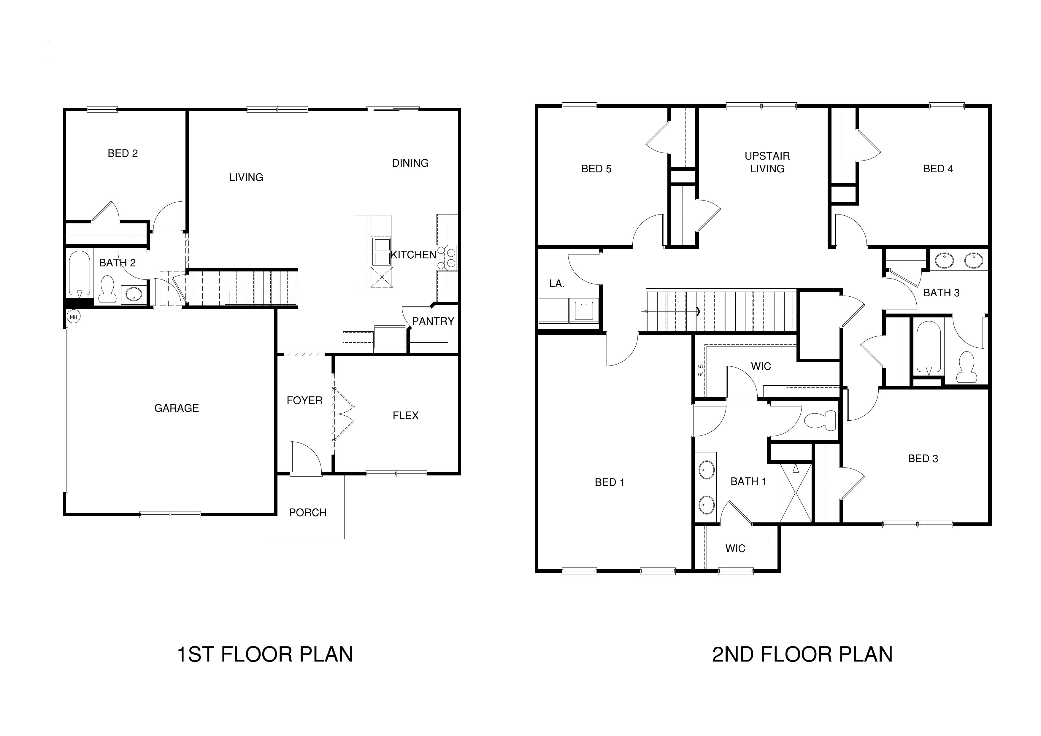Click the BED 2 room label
pos(123,153)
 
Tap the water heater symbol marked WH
pos(74,317)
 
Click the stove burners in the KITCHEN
pos(447,257)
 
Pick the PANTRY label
pos(433,321)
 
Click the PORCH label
pos(307,513)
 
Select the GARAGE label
pos(176,408)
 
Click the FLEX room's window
pos(396,474)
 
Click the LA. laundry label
pos(556,284)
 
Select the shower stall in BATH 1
pos(796,493)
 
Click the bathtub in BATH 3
pos(928,347)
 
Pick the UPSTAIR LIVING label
pos(767,162)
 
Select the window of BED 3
pos(917,525)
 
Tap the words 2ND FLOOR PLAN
pos(802,654)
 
